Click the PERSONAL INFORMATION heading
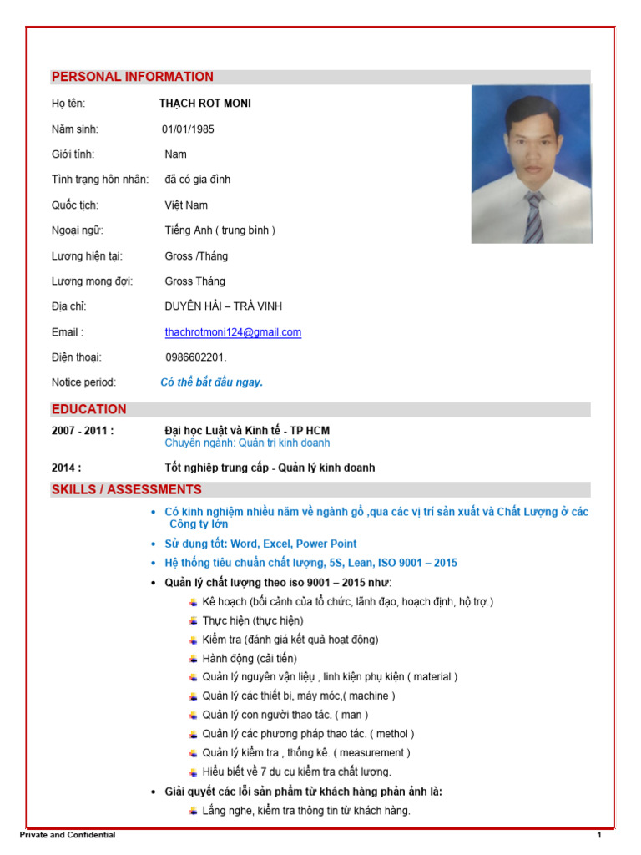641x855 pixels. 133,77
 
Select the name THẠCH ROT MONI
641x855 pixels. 205,104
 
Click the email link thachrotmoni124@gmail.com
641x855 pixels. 233,332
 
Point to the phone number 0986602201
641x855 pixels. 195,357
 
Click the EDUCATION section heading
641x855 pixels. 89,409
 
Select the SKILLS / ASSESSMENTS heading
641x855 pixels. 127,489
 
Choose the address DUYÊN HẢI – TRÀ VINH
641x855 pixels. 224,306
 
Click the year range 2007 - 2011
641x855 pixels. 83,431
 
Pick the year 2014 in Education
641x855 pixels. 67,468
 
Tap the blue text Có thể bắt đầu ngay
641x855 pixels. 212,382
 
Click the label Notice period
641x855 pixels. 83,382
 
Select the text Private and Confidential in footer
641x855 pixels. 68,835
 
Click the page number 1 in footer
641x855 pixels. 598,835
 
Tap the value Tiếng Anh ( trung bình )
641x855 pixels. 220,230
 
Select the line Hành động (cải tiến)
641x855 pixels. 249,658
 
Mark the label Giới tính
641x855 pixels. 73,154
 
